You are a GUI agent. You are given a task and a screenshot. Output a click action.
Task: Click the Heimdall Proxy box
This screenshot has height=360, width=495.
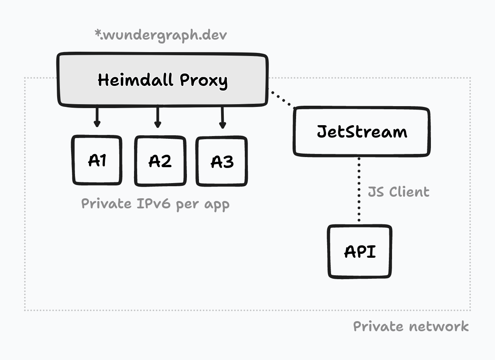coord(163,80)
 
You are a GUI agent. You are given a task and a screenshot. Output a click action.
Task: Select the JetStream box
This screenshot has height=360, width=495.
coord(361,132)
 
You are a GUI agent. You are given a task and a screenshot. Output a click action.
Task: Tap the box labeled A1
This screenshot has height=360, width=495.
coord(97,160)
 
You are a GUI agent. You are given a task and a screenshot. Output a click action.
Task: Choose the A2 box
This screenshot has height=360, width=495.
coord(160,161)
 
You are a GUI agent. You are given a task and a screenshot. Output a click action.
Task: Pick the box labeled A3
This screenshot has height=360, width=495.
coord(221,161)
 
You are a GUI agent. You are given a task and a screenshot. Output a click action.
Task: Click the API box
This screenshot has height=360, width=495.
coord(360,252)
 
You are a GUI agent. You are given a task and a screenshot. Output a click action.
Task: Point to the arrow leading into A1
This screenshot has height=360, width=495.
coord(97,117)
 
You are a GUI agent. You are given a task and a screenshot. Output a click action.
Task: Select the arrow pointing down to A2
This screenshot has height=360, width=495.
coord(158,118)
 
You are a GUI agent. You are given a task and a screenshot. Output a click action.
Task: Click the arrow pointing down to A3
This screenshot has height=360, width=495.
coord(222,118)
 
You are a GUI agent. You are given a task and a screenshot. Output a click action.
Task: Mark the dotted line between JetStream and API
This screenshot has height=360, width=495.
coord(359,189)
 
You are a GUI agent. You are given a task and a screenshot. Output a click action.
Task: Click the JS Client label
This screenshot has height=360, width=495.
coord(399,192)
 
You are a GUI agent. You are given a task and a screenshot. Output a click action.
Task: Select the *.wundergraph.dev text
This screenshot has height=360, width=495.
coord(160,35)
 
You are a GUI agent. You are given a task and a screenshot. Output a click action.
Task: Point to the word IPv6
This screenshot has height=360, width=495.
coord(153,203)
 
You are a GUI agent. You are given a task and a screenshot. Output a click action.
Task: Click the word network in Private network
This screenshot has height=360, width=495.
coord(439,327)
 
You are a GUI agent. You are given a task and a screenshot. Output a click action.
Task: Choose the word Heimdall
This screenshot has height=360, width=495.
coord(135,80)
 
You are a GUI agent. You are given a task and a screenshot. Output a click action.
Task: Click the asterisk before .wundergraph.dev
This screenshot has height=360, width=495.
coord(98,33)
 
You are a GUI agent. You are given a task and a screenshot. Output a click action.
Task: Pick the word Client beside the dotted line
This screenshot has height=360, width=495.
coord(409,192)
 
